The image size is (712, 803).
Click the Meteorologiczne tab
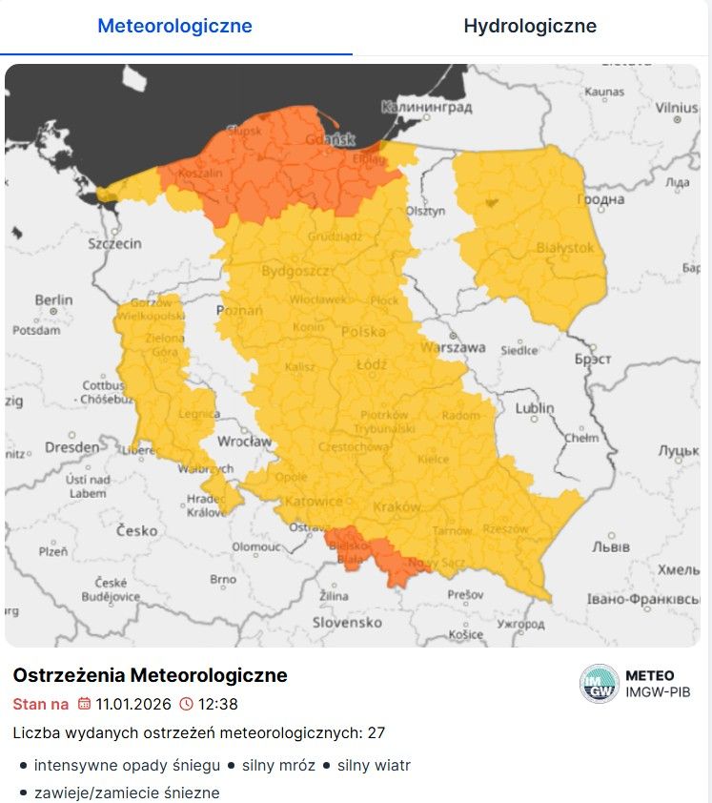[175, 26]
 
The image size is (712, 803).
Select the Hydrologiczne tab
[530, 26]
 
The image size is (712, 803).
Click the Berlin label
[53, 300]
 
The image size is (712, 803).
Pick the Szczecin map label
[114, 244]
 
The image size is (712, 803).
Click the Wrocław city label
[244, 442]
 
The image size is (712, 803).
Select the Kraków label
[398, 507]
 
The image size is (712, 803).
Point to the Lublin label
[534, 408]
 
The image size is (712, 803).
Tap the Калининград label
[426, 108]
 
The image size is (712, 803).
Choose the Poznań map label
[240, 312]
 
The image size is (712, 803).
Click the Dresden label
[71, 446]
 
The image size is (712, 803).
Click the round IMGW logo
[599, 684]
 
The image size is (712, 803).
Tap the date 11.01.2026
[133, 705]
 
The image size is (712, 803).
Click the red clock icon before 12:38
[186, 705]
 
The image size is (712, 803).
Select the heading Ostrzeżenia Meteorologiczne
[150, 675]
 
